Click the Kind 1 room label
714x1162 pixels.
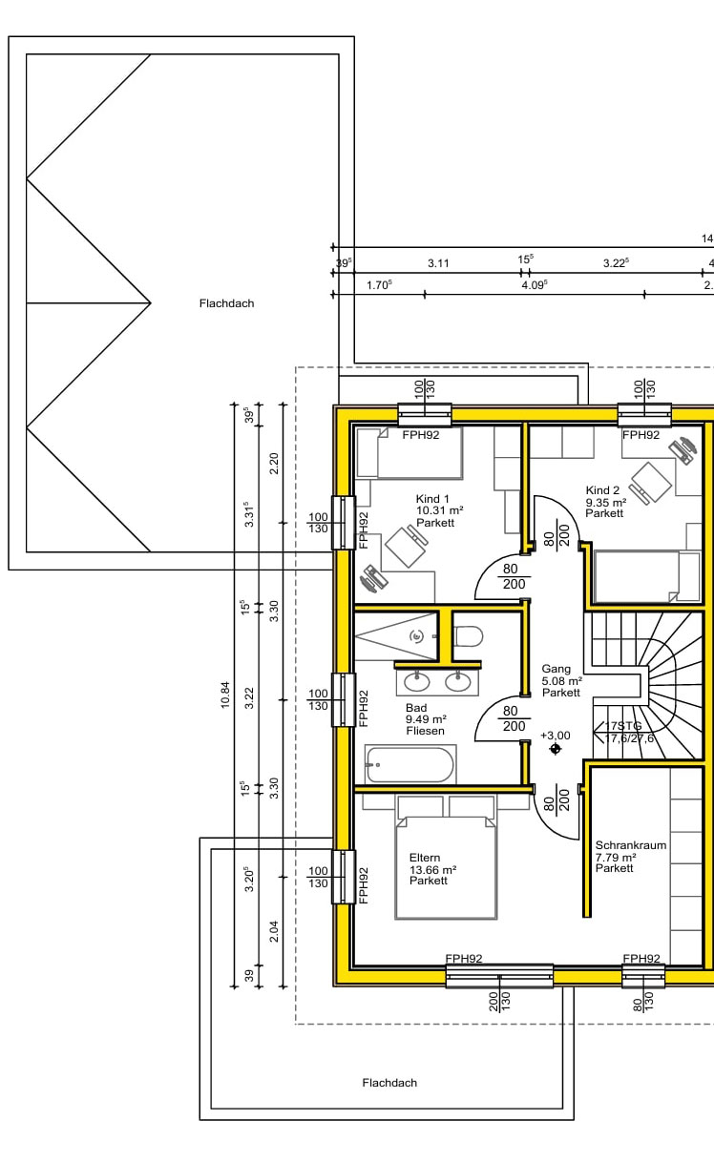[x=432, y=499]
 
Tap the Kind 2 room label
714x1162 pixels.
[x=602, y=490]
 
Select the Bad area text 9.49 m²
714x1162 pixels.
[x=426, y=719]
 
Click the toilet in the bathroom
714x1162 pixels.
[x=469, y=636]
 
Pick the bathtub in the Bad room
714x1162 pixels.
[x=409, y=764]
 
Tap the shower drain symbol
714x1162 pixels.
[x=417, y=635]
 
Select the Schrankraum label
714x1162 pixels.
[x=630, y=845]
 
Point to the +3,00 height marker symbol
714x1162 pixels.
[x=556, y=749]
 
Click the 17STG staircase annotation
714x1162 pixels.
[x=623, y=726]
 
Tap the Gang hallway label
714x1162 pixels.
[x=556, y=669]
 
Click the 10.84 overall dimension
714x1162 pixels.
[x=224, y=695]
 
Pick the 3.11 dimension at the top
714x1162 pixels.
[x=438, y=263]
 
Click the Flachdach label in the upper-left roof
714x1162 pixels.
[x=227, y=303]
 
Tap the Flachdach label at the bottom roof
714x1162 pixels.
[x=389, y=1083]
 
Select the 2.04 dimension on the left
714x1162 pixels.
[x=274, y=931]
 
